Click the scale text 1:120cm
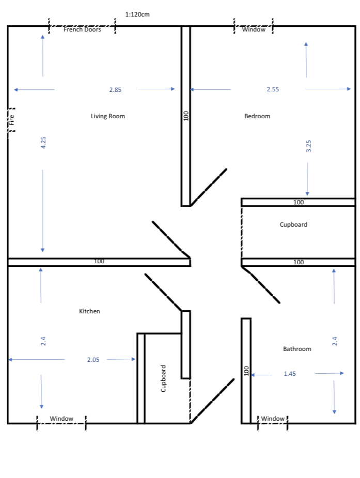pos(137,14)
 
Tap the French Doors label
pos(82,29)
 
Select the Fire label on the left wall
pos(11,120)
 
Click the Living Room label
pos(107,116)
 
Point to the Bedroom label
pos(257,116)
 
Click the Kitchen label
pos(89,311)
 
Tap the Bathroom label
pos(297,349)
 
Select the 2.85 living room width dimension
pos(115,90)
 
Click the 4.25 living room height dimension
pos(43,142)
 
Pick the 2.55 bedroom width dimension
pos(273,89)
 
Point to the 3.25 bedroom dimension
pos(308,146)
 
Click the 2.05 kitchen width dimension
pos(93,360)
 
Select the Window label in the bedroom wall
pos(254,29)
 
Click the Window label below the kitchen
pos(61,418)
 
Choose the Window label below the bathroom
pos(273,418)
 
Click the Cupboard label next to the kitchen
pos(164,378)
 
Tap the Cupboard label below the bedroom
pos(293,225)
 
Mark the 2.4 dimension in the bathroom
pos(335,341)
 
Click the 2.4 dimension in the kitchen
pos(43,341)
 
